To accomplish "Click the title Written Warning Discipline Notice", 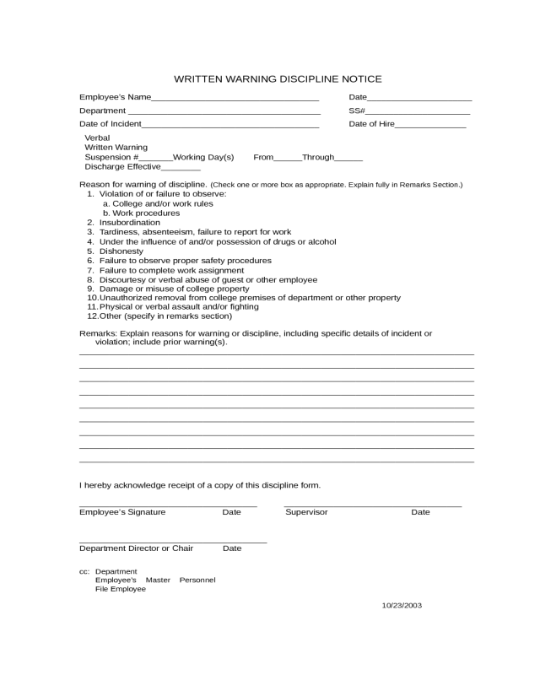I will (x=278, y=79).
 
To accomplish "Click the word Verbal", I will (x=98, y=138).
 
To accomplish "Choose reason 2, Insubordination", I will (x=129, y=223).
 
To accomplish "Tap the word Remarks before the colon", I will (x=96, y=333).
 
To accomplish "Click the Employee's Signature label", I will (x=122, y=512).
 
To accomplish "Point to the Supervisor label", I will (x=306, y=512).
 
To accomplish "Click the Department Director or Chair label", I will (x=136, y=548).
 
